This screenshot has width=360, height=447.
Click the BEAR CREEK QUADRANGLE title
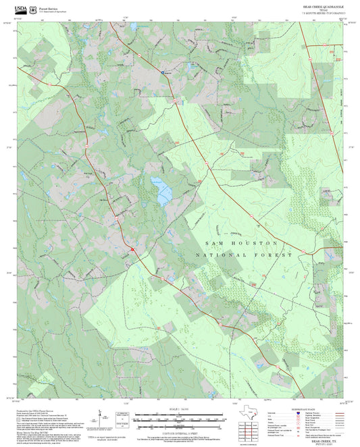[322, 5]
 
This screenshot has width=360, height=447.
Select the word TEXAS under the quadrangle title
[322, 9]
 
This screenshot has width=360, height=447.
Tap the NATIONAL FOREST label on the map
[243, 255]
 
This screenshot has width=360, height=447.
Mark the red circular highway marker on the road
[133, 249]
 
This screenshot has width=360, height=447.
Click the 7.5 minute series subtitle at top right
[322, 13]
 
